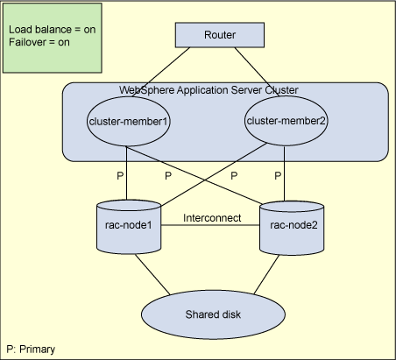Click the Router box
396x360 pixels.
(220, 35)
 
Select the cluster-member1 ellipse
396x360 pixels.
(129, 121)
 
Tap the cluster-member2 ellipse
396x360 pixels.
(286, 121)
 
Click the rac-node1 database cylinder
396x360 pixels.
(129, 227)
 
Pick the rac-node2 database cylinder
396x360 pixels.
(292, 228)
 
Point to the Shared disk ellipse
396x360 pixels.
(213, 314)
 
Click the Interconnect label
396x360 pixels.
(212, 218)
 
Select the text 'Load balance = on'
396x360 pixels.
(53, 30)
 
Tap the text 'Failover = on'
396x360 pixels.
(39, 42)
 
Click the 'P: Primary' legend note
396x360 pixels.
(31, 349)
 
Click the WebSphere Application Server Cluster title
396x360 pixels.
(209, 90)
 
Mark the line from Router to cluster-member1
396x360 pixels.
(161, 72)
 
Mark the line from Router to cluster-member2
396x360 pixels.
(257, 72)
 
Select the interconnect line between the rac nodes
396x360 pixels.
(210, 225)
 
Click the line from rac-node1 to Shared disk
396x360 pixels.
(152, 274)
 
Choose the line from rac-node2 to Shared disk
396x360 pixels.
(266, 274)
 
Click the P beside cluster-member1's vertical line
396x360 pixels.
(120, 176)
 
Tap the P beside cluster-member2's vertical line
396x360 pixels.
(278, 176)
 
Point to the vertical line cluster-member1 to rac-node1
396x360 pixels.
(126, 173)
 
